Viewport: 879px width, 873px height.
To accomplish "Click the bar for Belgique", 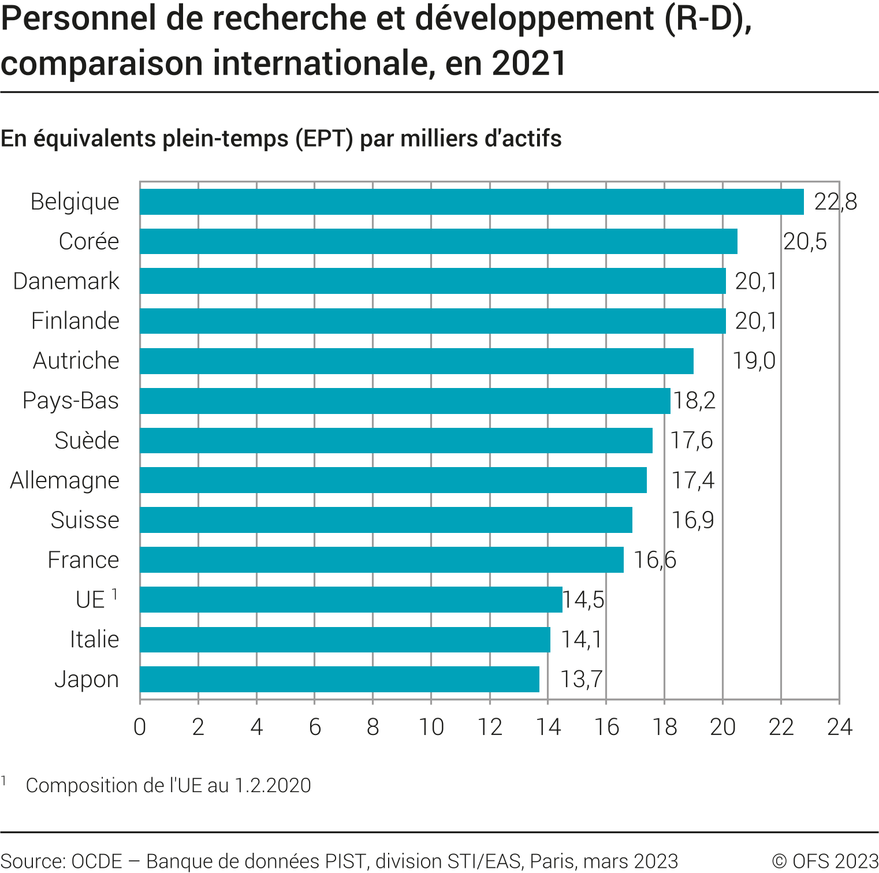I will point(471,202).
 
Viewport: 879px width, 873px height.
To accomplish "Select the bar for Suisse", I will point(386,520).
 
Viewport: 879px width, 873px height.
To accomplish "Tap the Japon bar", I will point(340,679).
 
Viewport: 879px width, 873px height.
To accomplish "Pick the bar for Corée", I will point(438,241).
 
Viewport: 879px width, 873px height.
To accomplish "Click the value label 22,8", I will point(835,202).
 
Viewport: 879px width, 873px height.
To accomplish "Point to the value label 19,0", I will point(754,360).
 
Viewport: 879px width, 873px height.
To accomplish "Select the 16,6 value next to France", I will point(655,559).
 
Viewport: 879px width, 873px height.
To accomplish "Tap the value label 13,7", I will point(582,679).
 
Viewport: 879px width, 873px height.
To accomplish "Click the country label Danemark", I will point(66,281).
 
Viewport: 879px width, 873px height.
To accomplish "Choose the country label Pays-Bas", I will point(70,401).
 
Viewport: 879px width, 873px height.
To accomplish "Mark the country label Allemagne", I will point(65,480).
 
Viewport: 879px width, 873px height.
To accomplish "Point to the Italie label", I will point(94,639).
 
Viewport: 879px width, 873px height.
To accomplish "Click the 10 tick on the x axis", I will point(431,727).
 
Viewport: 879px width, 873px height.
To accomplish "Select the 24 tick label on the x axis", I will point(839,727).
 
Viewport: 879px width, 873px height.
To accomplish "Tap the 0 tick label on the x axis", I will point(140,727).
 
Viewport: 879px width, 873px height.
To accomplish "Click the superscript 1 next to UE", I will point(115,594).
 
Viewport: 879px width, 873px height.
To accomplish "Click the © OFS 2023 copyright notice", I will point(825,861).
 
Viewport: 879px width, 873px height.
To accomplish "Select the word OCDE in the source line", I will point(96,861).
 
